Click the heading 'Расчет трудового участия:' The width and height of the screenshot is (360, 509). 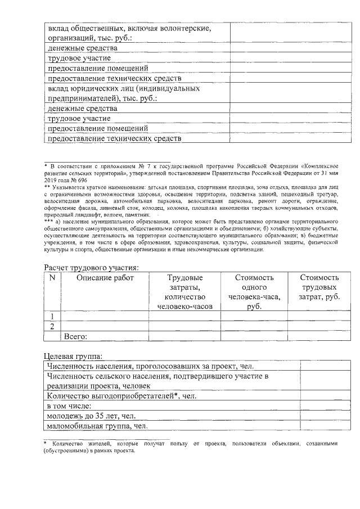[92, 267]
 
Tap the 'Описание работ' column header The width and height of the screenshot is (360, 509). [105, 278]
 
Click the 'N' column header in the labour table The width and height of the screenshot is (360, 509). [52, 278]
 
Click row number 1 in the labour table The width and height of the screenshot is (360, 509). [52, 317]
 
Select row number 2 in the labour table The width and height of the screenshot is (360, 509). [52, 327]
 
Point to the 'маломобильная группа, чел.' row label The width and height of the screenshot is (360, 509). [97, 426]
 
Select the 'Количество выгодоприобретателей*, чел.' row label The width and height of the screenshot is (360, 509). [121, 396]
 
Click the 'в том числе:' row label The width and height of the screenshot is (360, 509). [70, 406]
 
